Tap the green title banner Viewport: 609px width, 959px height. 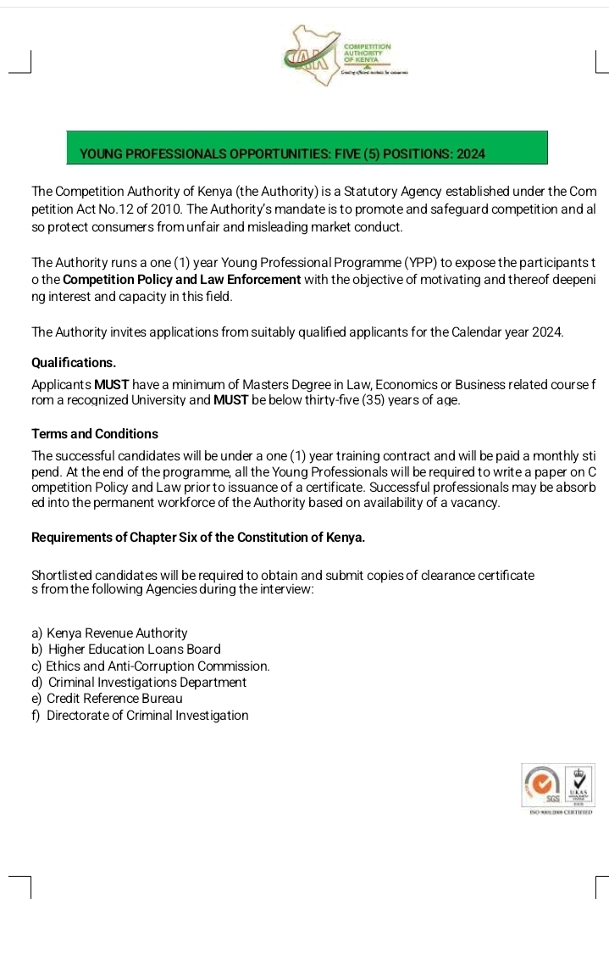pyautogui.click(x=306, y=148)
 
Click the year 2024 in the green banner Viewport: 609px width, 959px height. pyautogui.click(x=469, y=154)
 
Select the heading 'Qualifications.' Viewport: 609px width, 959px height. pyautogui.click(x=74, y=362)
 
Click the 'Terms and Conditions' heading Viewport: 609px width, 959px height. pyautogui.click(x=95, y=433)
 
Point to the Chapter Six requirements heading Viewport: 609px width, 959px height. pyautogui.click(x=198, y=538)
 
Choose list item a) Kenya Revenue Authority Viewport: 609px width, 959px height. pyautogui.click(x=109, y=633)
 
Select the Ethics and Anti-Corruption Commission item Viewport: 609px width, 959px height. pyautogui.click(x=150, y=666)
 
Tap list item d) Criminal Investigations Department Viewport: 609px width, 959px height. pyautogui.click(x=138, y=683)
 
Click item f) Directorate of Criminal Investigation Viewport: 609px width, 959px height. pyautogui.click(x=140, y=716)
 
